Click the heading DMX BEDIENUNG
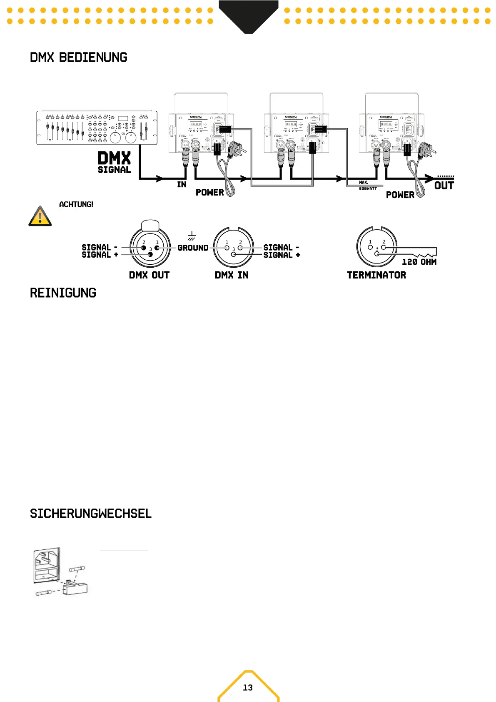78,58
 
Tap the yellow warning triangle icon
40,216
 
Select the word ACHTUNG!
76,204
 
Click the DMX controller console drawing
97,128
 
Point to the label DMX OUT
149,275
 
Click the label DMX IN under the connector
232,275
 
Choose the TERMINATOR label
376,275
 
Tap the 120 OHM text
419,262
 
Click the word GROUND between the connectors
193,248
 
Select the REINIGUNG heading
63,293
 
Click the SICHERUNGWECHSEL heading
91,514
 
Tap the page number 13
248,687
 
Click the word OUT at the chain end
444,186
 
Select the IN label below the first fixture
182,185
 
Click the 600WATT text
368,189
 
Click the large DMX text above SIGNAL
114,158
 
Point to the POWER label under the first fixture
210,193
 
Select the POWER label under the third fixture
400,195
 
